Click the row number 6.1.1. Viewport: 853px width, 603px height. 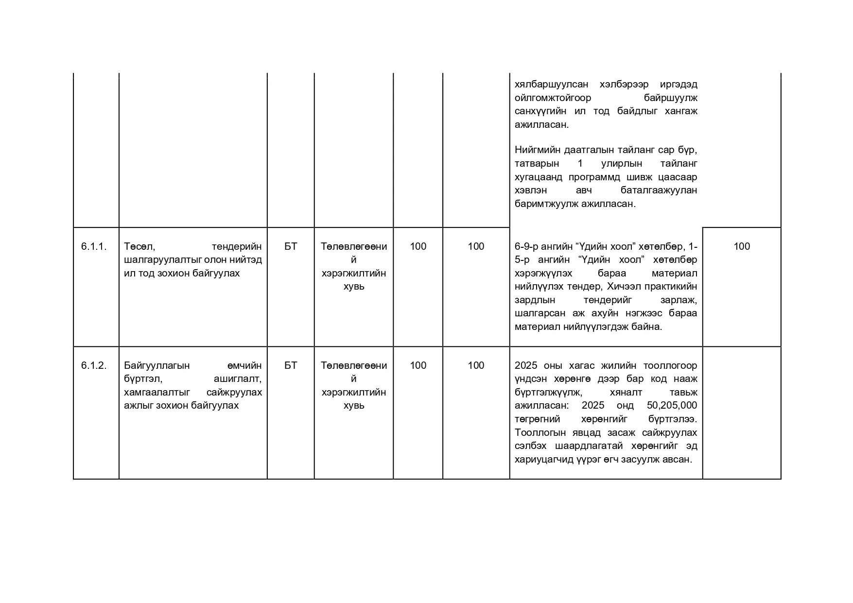point(94,246)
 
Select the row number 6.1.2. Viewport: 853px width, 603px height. point(94,365)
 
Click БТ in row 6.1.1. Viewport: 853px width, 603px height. point(291,246)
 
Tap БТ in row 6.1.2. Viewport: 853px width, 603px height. point(291,365)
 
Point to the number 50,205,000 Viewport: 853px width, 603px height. point(672,406)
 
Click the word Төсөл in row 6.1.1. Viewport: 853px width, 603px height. point(139,246)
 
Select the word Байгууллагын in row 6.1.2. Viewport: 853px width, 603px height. point(157,365)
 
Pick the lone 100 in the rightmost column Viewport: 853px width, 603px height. point(741,246)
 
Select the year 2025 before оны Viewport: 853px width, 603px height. point(526,365)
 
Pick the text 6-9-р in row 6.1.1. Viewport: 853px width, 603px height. point(527,246)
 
